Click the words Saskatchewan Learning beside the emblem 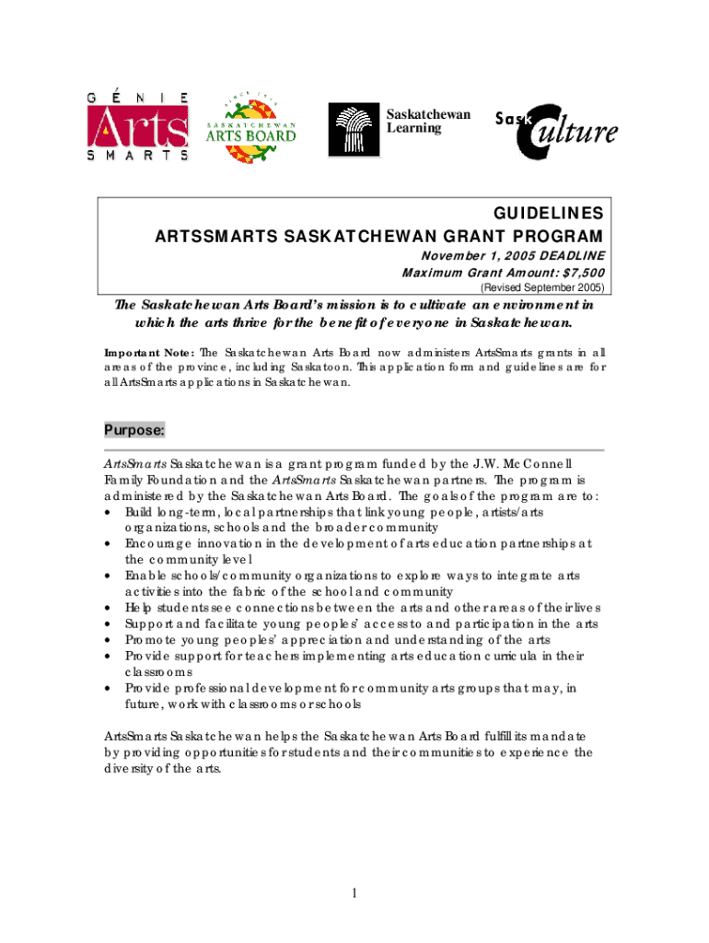tap(428, 121)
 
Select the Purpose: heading tap(134, 430)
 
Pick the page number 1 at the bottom tap(354, 892)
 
